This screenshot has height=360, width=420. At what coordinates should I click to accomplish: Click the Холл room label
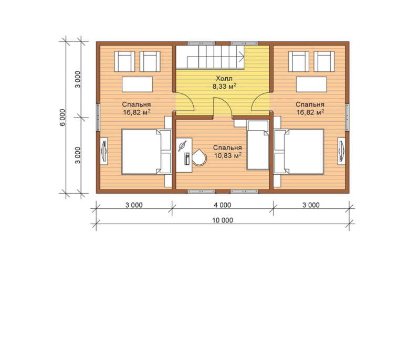coord(224,79)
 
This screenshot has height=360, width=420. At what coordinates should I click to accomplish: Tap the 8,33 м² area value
coord(225,86)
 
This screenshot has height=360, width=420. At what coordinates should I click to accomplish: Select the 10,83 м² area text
coord(228,155)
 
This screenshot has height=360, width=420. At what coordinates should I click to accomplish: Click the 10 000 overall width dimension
coord(223,220)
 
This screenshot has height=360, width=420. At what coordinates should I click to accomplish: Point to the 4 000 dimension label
coord(222,205)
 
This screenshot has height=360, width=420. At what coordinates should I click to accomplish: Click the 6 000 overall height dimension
coord(62,118)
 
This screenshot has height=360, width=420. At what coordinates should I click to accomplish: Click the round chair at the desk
coord(199,157)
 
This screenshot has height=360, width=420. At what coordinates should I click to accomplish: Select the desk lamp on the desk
coord(182,146)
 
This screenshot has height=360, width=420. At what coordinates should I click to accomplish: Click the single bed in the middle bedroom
coord(258,145)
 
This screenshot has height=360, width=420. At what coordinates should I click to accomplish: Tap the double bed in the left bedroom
coord(146,152)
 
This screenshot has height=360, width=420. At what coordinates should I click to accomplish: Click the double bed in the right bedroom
coord(299,152)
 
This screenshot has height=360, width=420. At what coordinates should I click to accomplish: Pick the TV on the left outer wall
coord(104,151)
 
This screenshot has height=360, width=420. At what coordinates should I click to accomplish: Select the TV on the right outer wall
coord(341,151)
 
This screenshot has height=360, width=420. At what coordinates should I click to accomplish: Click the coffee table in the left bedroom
coord(138,84)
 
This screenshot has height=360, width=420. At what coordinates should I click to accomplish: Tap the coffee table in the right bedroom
coord(311,84)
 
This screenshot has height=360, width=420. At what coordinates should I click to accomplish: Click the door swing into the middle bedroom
coord(226,101)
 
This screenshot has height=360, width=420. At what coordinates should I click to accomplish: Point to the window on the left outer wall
coord(98,117)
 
